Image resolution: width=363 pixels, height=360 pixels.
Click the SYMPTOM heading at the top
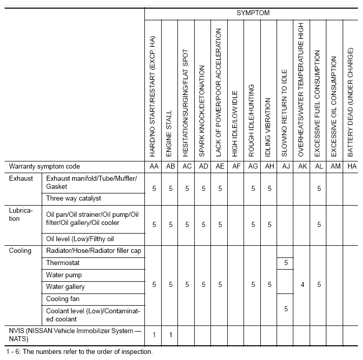click(253, 12)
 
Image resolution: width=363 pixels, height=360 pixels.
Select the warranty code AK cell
click(302, 167)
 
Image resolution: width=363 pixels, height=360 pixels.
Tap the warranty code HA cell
click(351, 167)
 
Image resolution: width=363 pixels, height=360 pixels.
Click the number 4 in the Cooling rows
click(302, 285)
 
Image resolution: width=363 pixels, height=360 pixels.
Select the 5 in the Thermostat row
click(286, 263)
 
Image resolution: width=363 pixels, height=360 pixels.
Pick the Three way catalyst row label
click(74, 199)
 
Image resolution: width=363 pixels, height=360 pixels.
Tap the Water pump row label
click(64, 275)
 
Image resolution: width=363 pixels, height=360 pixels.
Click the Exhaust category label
click(21, 179)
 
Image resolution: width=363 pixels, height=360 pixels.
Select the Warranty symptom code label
click(45, 167)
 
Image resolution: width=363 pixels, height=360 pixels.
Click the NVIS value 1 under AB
click(170, 334)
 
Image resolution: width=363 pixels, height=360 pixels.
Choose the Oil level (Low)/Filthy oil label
click(80, 239)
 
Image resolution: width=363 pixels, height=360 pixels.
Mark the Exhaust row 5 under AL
click(319, 188)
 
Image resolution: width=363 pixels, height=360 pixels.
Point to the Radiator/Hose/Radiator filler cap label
click(94, 251)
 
